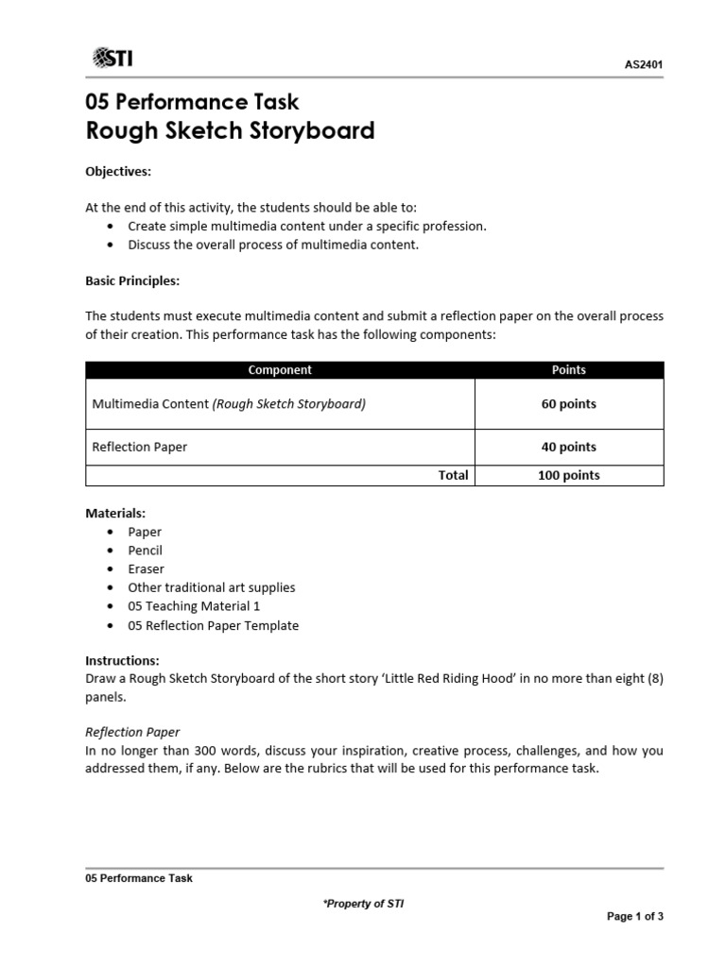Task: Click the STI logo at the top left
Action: coord(112,59)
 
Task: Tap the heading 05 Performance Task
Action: coord(192,101)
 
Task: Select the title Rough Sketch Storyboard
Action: coord(230,130)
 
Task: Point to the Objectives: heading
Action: coord(118,171)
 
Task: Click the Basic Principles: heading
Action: coord(132,280)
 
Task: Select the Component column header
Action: coord(280,370)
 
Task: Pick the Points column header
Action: coord(568,370)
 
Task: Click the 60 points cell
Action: coord(568,404)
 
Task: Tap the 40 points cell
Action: coord(568,447)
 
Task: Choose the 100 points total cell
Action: coord(568,475)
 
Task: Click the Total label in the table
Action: coord(453,475)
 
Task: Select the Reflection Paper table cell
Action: coord(139,447)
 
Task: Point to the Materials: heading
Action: coord(115,513)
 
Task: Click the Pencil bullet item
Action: coord(146,551)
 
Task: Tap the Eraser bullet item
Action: coord(146,568)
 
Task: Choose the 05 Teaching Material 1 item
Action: coord(194,606)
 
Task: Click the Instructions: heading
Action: coord(122,660)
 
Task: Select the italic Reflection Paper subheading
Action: coord(132,732)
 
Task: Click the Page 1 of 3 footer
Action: coord(634,916)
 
